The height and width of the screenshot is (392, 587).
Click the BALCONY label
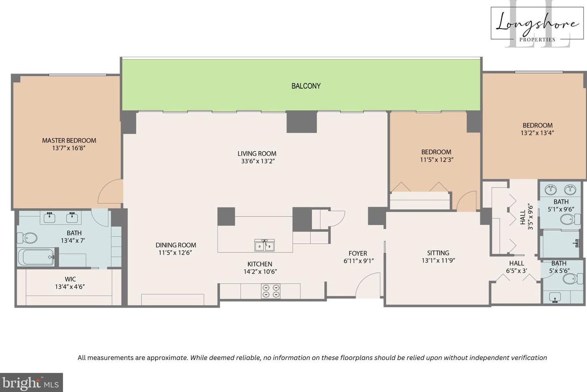click(x=306, y=86)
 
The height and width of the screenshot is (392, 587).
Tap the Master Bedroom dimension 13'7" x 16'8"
click(x=69, y=148)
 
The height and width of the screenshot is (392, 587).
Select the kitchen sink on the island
click(x=264, y=245)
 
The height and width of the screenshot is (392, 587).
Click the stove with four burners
click(x=271, y=291)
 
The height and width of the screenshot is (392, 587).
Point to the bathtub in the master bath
click(x=36, y=257)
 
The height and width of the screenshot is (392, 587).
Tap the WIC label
click(x=70, y=279)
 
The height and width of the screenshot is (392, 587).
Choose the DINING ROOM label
click(x=176, y=245)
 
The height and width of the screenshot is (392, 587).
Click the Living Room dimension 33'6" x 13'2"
click(x=257, y=161)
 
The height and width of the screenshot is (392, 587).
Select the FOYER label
click(x=358, y=253)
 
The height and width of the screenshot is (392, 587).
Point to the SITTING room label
click(x=438, y=253)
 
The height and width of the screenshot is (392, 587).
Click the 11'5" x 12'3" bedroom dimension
click(x=436, y=160)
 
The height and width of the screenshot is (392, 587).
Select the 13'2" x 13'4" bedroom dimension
click(x=537, y=133)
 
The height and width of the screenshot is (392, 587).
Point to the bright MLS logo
click(x=31, y=382)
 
